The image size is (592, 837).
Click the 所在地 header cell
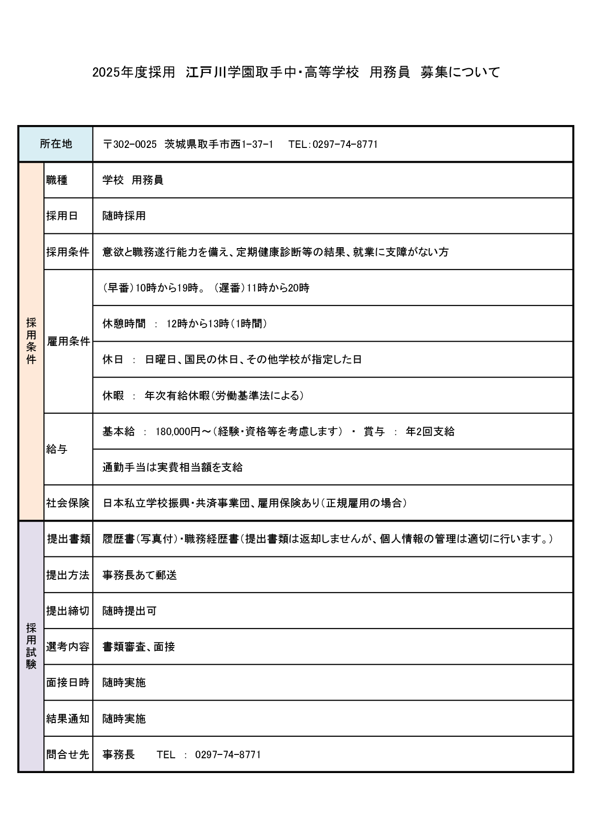tap(56, 144)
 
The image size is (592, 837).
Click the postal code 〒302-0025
tap(130, 144)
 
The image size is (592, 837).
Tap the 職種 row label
tap(57, 180)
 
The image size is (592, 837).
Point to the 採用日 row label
tap(62, 216)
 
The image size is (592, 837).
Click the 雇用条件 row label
tap(68, 341)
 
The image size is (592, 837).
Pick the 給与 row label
tap(57, 449)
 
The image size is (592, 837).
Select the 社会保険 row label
tap(68, 503)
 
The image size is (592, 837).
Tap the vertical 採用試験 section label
tap(31, 646)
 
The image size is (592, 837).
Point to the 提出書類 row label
tap(68, 539)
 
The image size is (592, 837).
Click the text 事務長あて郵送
tap(139, 575)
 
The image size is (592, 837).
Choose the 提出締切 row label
tap(68, 611)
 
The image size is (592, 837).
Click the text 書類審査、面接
tap(138, 647)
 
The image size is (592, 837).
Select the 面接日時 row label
tap(68, 682)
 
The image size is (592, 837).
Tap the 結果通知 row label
tap(68, 719)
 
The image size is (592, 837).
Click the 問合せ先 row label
tap(68, 754)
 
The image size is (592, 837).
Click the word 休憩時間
tap(124, 324)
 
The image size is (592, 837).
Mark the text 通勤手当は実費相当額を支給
tap(172, 467)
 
